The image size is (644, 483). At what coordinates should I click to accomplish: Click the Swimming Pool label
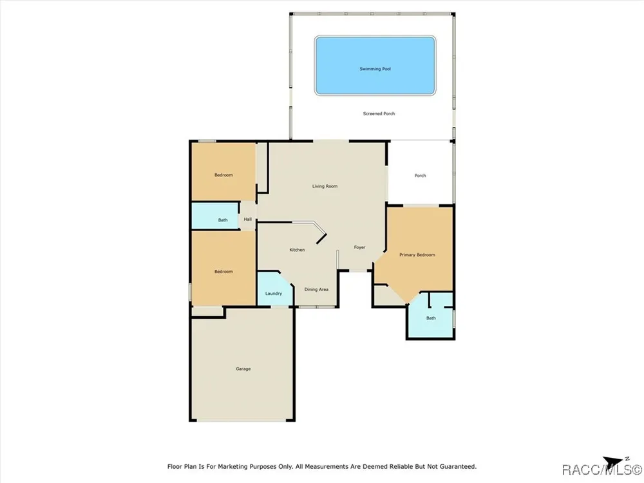(x=375, y=69)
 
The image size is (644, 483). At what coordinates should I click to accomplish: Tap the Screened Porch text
(x=379, y=114)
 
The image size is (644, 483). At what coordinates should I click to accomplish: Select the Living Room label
(x=325, y=187)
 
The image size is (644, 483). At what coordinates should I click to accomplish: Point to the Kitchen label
(x=297, y=250)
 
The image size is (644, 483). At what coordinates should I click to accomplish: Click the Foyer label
(x=359, y=247)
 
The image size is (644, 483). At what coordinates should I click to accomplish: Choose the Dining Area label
(x=316, y=290)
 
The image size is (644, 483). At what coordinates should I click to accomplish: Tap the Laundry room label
(x=274, y=294)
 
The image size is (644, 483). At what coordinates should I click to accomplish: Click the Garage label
(x=243, y=369)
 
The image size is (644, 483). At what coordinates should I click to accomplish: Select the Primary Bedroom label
(x=417, y=255)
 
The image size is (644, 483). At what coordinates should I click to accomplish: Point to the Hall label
(x=248, y=220)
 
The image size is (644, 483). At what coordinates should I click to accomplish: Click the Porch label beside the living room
(x=420, y=176)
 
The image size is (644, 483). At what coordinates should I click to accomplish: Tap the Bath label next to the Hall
(x=223, y=220)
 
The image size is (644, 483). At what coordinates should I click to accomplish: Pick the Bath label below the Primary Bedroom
(x=431, y=318)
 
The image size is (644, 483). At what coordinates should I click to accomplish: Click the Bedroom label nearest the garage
(x=223, y=272)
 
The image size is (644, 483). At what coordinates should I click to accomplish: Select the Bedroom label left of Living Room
(x=223, y=175)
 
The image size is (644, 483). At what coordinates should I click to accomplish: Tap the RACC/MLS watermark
(x=601, y=469)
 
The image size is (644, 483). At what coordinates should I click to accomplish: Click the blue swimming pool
(x=375, y=66)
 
